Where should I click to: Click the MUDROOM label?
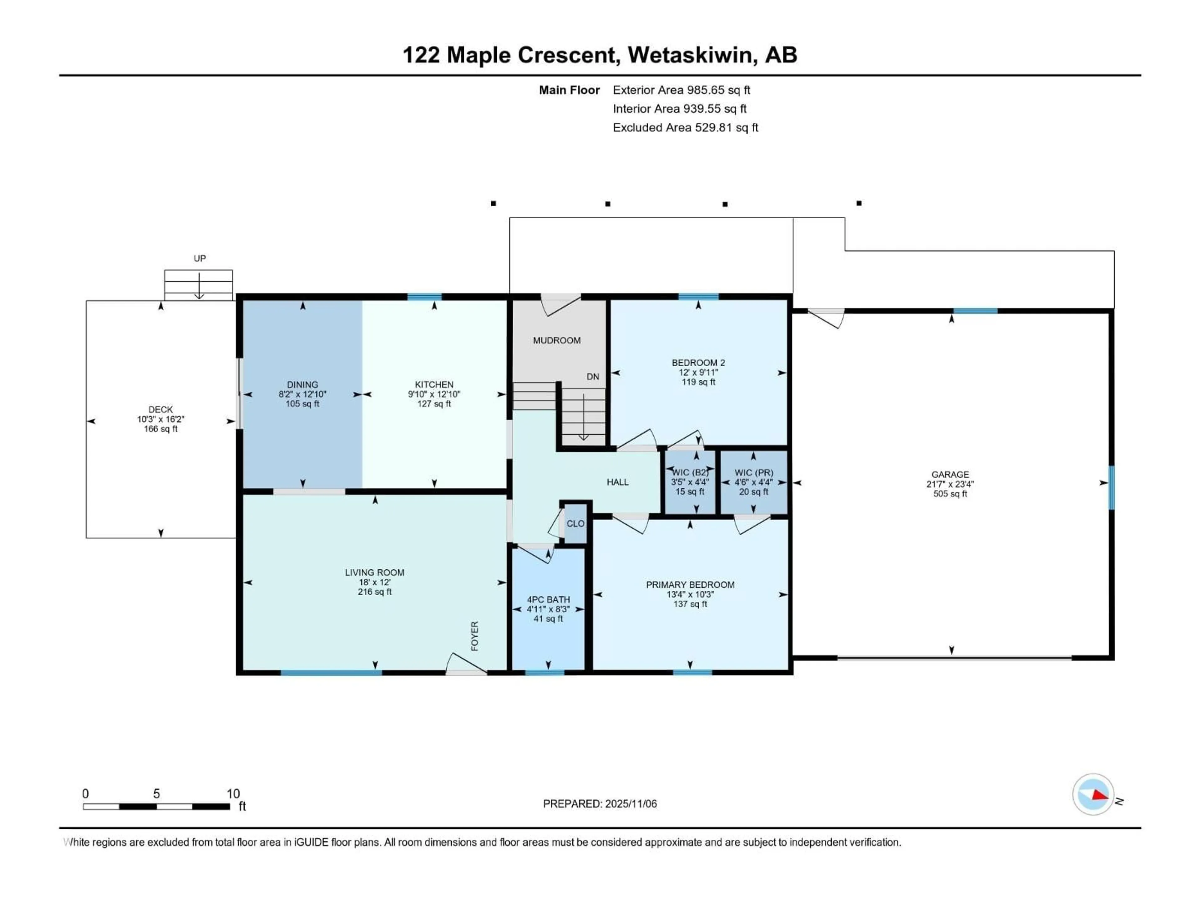[556, 340]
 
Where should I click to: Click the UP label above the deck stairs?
[200, 258]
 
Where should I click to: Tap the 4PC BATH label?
[548, 600]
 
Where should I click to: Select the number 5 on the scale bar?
[156, 793]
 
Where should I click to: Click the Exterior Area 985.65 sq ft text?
[682, 90]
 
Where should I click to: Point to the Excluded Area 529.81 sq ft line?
[685, 128]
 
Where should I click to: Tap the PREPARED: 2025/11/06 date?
[600, 804]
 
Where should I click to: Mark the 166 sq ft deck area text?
[161, 429]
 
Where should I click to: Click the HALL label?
[617, 482]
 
